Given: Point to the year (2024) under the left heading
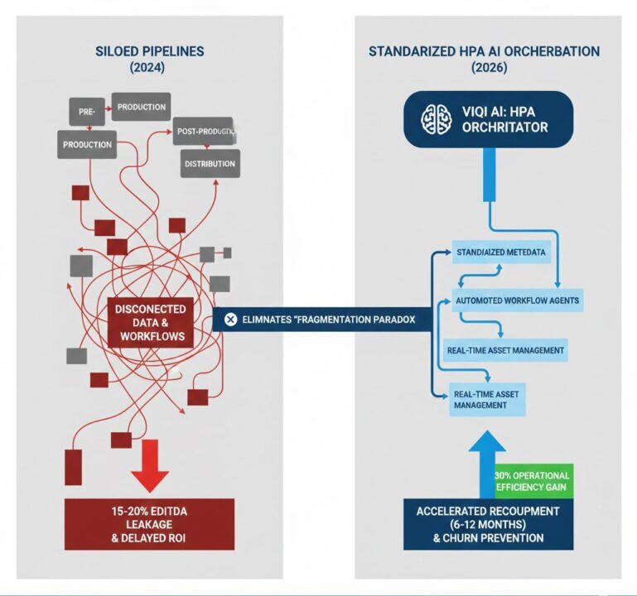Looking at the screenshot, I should click(150, 70).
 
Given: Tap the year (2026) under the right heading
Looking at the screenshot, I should click(485, 70).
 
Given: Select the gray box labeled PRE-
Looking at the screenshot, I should click(85, 112).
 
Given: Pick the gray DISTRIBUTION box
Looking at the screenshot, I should click(210, 163).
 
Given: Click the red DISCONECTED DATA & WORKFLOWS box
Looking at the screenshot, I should click(150, 323).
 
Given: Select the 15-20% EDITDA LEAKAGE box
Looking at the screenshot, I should click(150, 524).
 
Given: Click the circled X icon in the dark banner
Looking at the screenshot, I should click(230, 319).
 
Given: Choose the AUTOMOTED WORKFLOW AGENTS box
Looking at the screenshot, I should click(517, 300).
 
